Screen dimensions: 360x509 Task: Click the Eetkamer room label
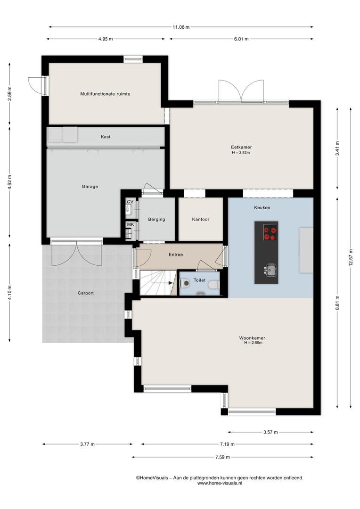tap(241, 147)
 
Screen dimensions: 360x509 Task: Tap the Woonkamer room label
tap(252, 338)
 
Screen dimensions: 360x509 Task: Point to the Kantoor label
tap(201, 220)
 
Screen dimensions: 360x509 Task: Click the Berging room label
tap(156, 220)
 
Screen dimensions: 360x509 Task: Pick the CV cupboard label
tap(130, 202)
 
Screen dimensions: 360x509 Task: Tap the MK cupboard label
tap(130, 225)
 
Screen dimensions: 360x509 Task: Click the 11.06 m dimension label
tap(181, 27)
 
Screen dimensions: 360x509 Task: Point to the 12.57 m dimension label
tap(351, 257)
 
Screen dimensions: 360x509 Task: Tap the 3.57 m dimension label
tap(270, 432)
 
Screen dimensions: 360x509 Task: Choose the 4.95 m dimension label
tap(106, 39)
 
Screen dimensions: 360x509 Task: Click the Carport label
tap(86, 293)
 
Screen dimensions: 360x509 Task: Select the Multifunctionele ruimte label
tap(105, 94)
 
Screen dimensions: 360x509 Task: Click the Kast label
tap(106, 137)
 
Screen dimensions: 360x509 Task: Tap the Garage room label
tap(90, 187)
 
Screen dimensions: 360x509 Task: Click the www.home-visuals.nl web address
tap(220, 483)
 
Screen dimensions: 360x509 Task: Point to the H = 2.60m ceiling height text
tap(253, 343)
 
